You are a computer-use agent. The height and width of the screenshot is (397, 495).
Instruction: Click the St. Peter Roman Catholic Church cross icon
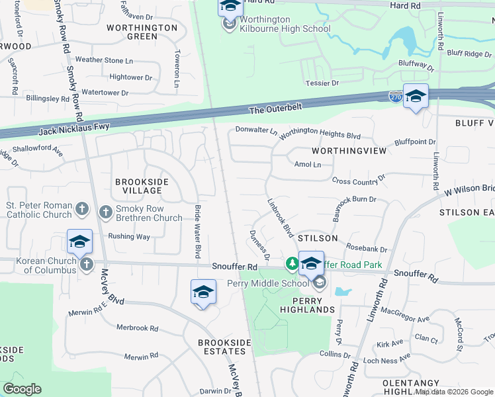click(81, 210)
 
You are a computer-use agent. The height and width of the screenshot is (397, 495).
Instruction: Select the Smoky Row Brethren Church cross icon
click(105, 212)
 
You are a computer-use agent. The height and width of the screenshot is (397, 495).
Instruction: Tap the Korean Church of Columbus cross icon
click(86, 265)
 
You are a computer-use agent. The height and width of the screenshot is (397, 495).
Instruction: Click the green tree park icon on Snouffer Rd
click(291, 263)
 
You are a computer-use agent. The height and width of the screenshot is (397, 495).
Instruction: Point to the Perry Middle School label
click(268, 284)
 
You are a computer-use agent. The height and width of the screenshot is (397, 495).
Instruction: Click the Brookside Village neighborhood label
click(142, 186)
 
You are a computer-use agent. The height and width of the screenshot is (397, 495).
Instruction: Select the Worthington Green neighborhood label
click(142, 32)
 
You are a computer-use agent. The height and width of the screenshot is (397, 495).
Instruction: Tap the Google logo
click(22, 389)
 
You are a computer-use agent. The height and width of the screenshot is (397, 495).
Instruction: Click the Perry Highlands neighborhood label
click(307, 304)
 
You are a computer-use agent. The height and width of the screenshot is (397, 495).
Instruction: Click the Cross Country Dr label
click(358, 180)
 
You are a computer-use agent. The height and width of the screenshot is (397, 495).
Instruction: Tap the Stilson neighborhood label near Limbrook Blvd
click(318, 238)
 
